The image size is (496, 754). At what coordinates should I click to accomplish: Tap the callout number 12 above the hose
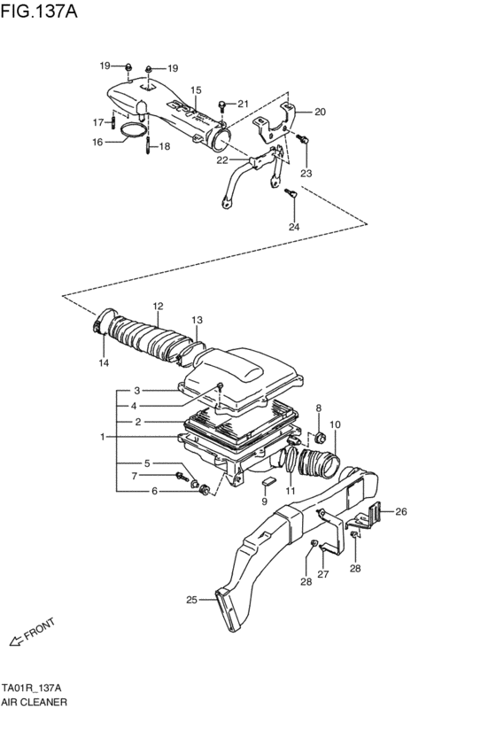click(x=158, y=307)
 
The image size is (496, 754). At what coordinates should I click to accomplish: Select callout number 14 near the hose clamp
click(x=104, y=363)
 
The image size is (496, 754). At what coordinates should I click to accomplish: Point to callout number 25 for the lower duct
click(x=190, y=600)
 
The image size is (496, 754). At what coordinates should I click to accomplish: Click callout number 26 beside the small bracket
click(x=400, y=511)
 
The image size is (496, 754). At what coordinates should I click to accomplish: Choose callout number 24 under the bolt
click(x=294, y=227)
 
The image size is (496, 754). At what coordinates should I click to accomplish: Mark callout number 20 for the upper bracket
click(x=320, y=112)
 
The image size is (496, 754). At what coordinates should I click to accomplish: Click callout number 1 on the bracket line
click(x=103, y=436)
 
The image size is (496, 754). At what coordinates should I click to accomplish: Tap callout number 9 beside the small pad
click(x=264, y=501)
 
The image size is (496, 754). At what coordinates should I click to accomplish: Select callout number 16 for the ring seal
click(x=98, y=141)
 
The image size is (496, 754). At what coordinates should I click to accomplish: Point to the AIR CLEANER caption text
click(x=34, y=701)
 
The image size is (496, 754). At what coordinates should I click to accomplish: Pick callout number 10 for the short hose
click(x=335, y=424)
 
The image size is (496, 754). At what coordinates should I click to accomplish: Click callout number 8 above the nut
click(x=318, y=407)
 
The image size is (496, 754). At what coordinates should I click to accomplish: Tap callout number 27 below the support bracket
click(x=323, y=574)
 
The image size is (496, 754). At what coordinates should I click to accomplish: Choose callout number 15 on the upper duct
click(x=196, y=90)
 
